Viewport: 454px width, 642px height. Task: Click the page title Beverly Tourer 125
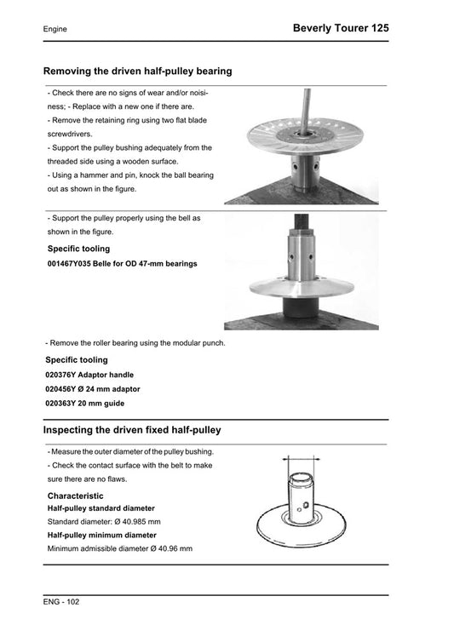click(341, 28)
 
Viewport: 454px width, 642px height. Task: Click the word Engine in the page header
click(55, 30)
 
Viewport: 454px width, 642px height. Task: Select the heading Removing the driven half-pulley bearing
click(137, 72)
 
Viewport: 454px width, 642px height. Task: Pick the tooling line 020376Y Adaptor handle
click(89, 375)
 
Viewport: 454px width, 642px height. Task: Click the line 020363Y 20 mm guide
click(84, 404)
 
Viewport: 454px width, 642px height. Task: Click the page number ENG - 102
click(61, 601)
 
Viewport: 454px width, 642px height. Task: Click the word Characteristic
click(76, 495)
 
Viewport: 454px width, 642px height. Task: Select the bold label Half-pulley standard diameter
click(101, 507)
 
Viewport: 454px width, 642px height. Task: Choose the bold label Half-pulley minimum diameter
click(101, 535)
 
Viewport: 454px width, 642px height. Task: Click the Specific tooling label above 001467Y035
click(78, 249)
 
